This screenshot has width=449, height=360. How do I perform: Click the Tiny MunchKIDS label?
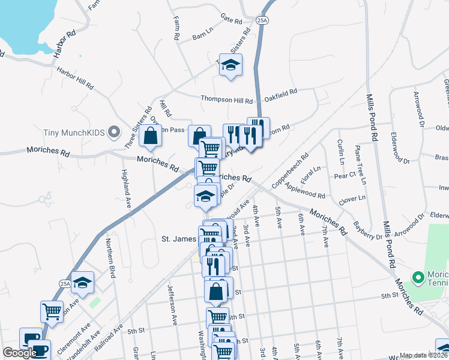click(x=74, y=133)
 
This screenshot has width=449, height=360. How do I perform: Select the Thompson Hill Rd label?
click(x=226, y=100)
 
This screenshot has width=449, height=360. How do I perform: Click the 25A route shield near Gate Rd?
click(x=262, y=20)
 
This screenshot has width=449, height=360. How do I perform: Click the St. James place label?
click(x=178, y=238)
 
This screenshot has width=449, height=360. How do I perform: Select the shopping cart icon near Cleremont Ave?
click(x=52, y=311)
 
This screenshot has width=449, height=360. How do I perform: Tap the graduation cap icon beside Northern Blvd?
click(x=83, y=283)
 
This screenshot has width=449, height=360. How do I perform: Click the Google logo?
click(x=19, y=353)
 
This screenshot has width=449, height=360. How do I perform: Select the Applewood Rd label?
click(x=306, y=191)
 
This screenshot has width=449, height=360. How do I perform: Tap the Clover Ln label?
click(x=352, y=199)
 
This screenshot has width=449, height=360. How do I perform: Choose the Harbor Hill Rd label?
click(x=75, y=78)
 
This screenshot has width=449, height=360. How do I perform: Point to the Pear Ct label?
click(x=345, y=175)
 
